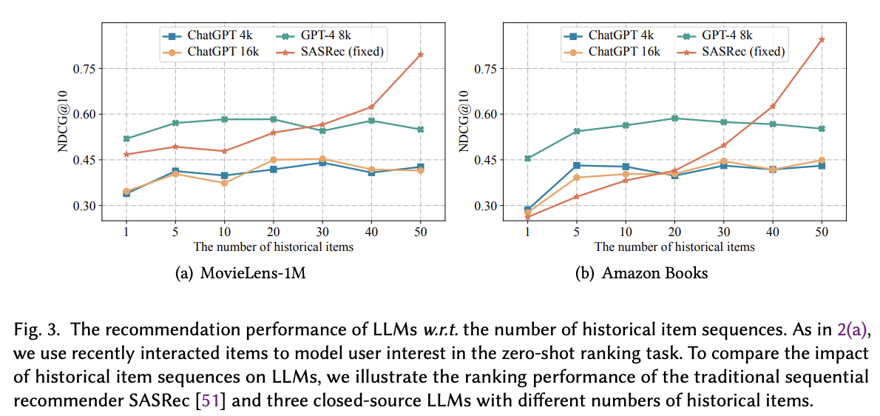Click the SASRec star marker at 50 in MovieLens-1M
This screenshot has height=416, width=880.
click(420, 55)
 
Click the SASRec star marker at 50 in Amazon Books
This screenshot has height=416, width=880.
click(821, 39)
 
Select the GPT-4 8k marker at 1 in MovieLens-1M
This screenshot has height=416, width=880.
click(126, 138)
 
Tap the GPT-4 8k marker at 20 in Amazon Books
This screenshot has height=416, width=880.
click(674, 118)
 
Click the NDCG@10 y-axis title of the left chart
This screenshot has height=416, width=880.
click(64, 122)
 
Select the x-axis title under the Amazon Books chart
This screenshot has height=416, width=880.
click(674, 246)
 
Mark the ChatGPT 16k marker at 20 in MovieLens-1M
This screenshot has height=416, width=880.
click(273, 160)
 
